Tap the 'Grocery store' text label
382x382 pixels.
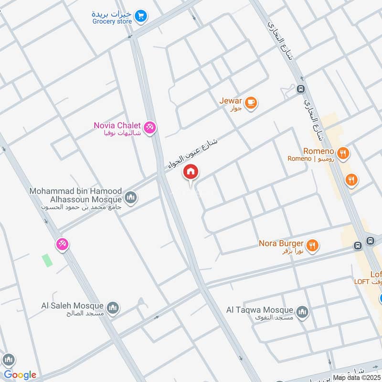click(x=112, y=21)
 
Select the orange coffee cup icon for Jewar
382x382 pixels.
click(x=251, y=102)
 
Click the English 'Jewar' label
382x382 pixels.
click(x=231, y=101)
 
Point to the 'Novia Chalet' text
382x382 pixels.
click(x=117, y=126)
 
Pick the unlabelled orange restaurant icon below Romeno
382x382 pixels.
click(x=351, y=180)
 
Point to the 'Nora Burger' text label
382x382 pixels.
click(x=281, y=243)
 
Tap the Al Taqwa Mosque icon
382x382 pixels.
click(x=302, y=312)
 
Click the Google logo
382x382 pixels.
click(x=20, y=374)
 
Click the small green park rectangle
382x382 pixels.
click(x=47, y=260)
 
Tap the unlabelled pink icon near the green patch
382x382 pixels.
click(x=62, y=244)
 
